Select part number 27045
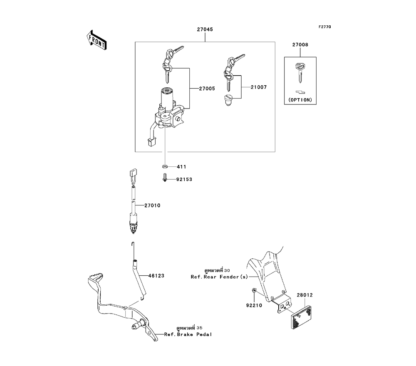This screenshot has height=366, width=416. point(205,30)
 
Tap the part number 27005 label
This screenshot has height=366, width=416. point(206,89)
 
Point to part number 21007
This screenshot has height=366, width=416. point(258,87)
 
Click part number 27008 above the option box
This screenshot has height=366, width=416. point(300,45)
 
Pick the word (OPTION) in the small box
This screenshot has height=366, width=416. point(300,100)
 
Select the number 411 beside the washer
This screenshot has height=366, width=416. point(181,167)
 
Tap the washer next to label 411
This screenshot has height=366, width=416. point(165,167)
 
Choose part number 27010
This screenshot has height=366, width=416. point(152,205)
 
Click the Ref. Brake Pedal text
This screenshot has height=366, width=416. point(188,334)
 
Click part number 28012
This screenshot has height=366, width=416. point(305,296)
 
